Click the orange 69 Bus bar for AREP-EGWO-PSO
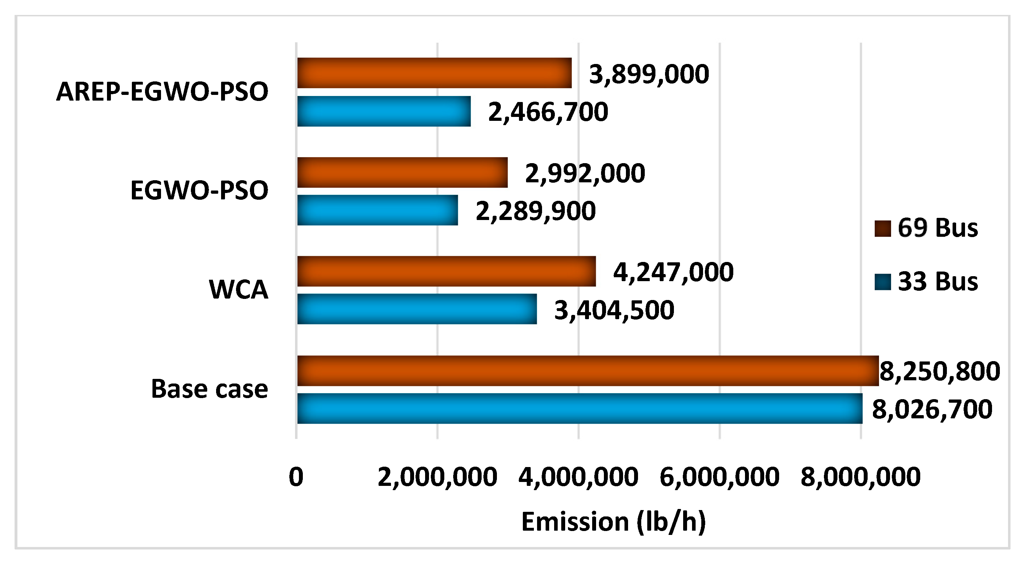[x=434, y=73]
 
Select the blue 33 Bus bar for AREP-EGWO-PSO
[x=384, y=111]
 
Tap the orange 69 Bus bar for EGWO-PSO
[x=402, y=172]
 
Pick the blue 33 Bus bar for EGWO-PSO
[x=377, y=210]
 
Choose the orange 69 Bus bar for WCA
[x=446, y=271]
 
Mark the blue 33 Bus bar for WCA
[x=417, y=309]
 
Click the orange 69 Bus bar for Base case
[x=588, y=371]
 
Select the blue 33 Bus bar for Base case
[x=579, y=408]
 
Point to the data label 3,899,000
[x=649, y=74]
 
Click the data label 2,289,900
[x=535, y=211]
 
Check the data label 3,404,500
[x=614, y=311]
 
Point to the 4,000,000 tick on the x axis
[x=578, y=477]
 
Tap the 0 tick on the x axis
[x=296, y=477]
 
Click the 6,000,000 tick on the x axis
[x=719, y=477]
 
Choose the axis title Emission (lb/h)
[x=613, y=522]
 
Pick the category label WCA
[x=239, y=289]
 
